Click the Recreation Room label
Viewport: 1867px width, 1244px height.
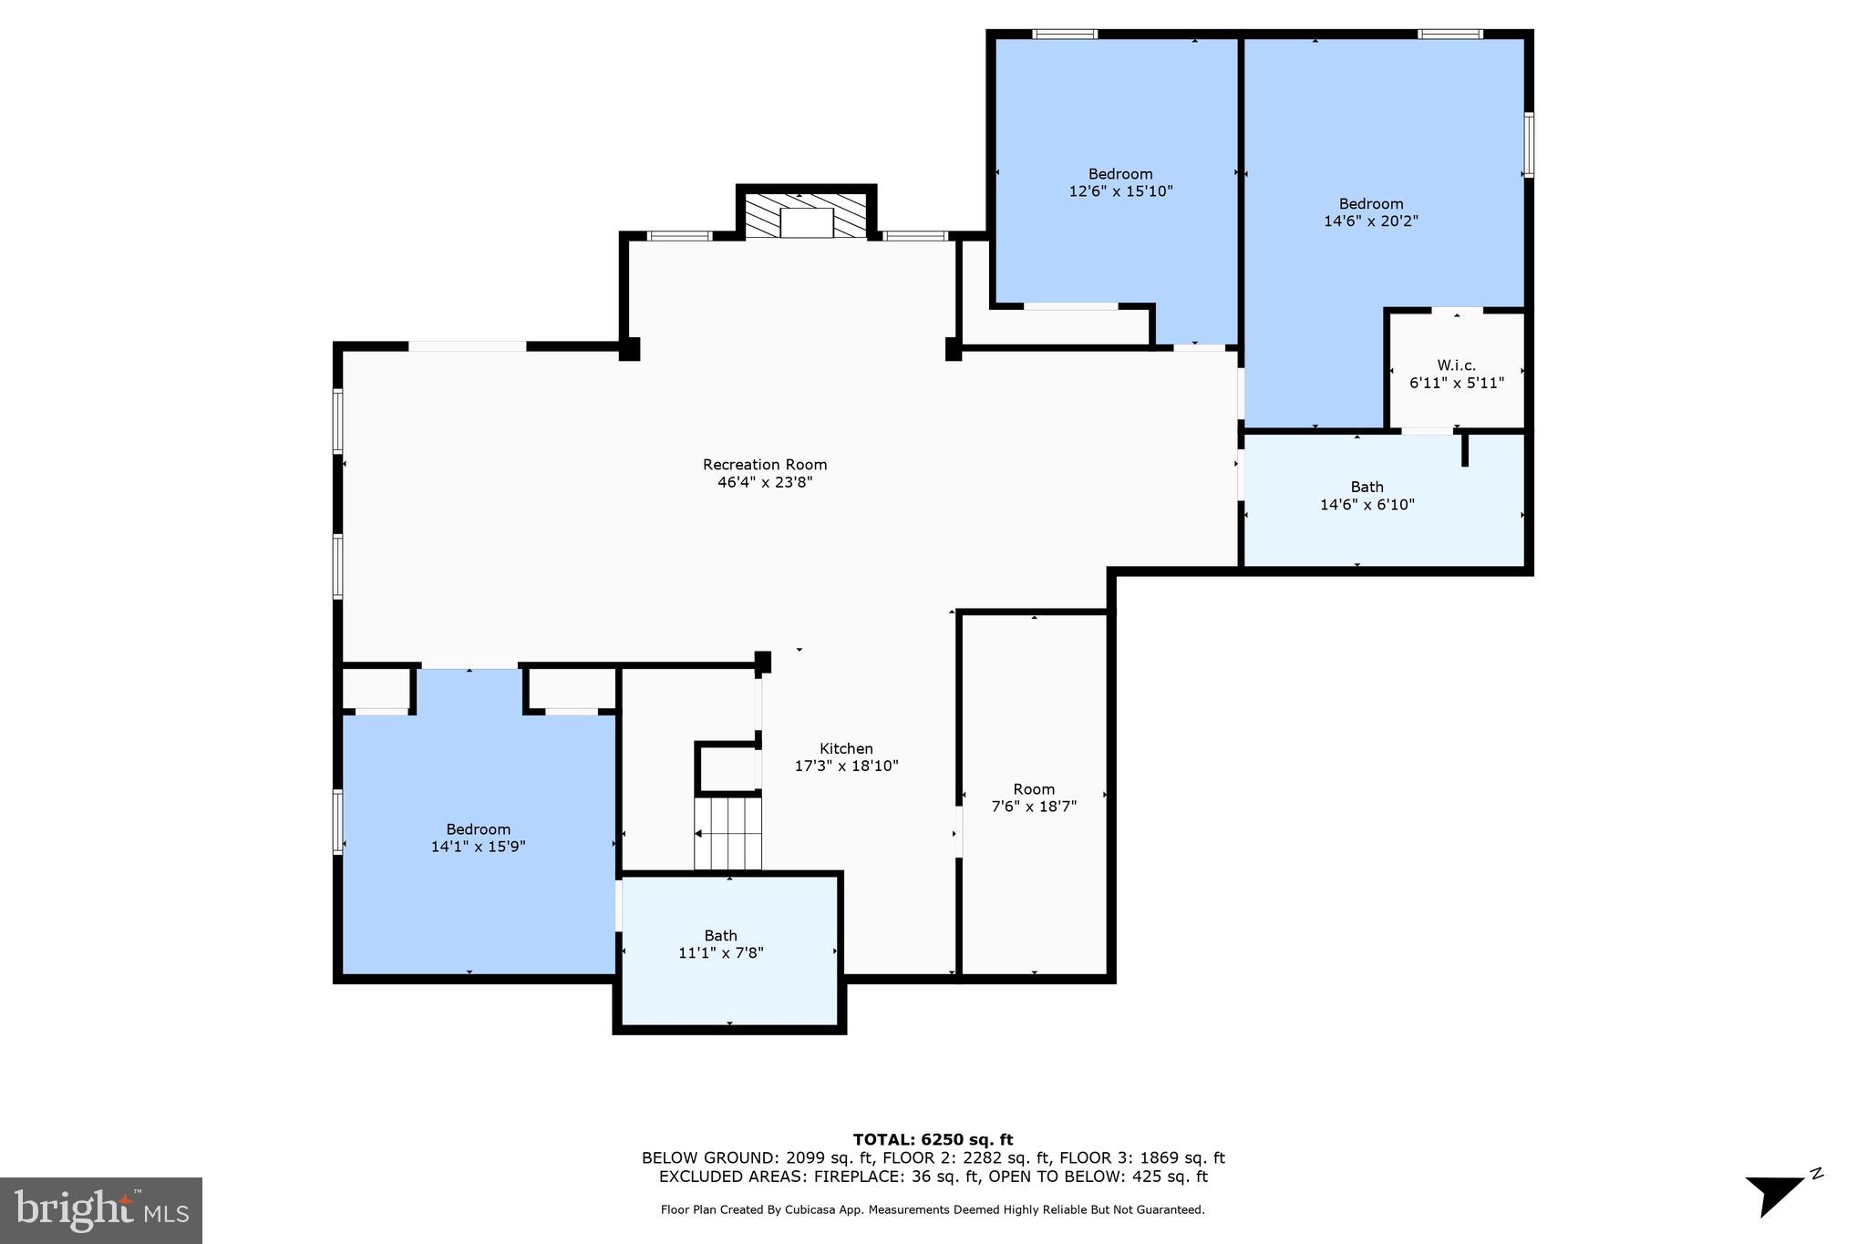[x=764, y=465]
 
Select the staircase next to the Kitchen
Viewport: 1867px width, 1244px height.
[x=727, y=833]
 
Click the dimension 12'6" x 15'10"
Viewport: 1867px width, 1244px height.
[x=1120, y=191]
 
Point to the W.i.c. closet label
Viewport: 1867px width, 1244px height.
[x=1456, y=365]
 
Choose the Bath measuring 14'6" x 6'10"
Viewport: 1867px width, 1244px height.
[x=1367, y=496]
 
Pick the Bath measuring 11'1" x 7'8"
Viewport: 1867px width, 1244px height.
[x=720, y=944]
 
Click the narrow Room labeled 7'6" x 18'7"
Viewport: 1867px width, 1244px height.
[x=1034, y=797]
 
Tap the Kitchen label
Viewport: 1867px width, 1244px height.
[x=846, y=749]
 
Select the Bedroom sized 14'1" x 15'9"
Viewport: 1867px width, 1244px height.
[x=478, y=838]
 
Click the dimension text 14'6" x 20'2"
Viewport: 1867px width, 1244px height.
[x=1370, y=221]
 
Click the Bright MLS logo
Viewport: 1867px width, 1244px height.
[x=101, y=1210]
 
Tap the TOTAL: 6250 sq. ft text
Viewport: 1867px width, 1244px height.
[x=933, y=1139]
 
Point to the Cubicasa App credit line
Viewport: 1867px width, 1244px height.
[x=932, y=1210]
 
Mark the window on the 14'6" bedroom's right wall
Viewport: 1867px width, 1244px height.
[x=1529, y=144]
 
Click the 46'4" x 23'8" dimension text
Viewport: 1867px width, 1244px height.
[x=764, y=482]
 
